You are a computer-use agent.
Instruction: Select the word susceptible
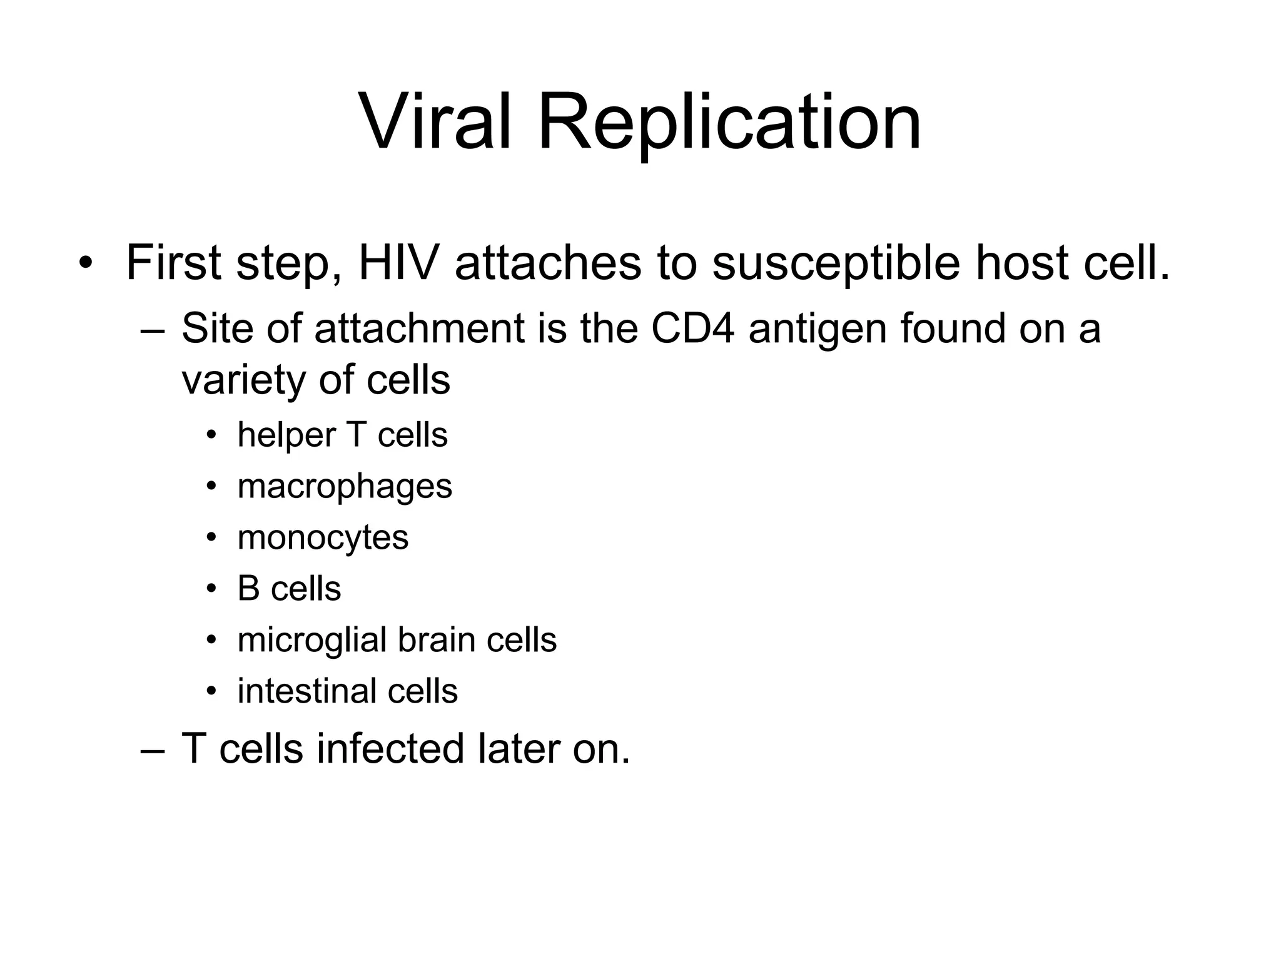point(836,263)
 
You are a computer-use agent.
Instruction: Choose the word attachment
point(419,328)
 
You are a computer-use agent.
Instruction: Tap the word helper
point(286,435)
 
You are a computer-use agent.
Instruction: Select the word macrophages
point(345,487)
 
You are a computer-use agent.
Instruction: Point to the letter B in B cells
point(248,589)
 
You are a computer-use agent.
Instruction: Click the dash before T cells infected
point(152,750)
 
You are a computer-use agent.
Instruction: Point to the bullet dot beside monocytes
point(211,537)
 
